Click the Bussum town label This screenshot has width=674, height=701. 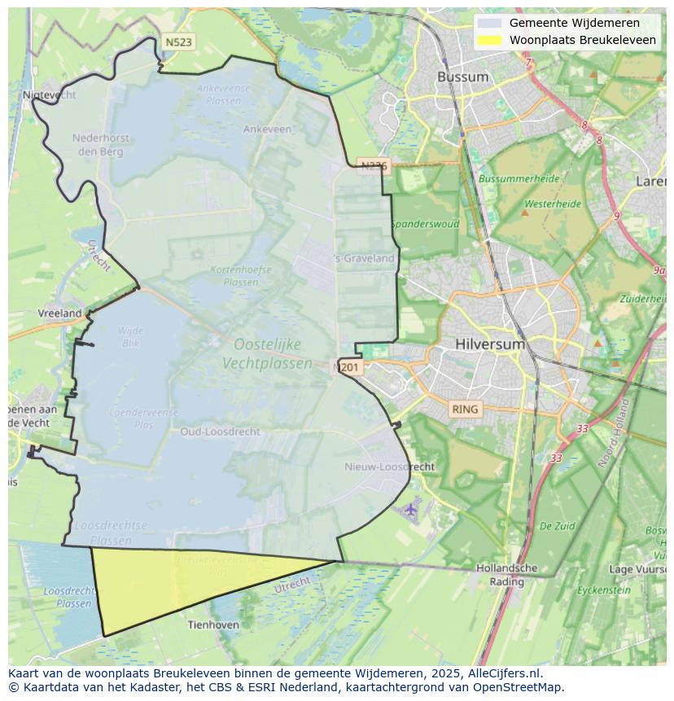pos(463,77)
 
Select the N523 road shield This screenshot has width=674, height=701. pos(178,42)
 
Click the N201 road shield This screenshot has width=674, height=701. pos(348,367)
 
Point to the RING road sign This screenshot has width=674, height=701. pos(466,409)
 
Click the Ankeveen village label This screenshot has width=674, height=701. pos(267,129)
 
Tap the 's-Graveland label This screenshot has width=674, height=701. pos(364,258)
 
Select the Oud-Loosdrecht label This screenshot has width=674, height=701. pos(221,432)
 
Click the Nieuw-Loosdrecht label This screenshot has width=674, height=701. pos(390,467)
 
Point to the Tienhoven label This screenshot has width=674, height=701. pos(213,624)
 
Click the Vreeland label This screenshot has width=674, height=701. pos(60,313)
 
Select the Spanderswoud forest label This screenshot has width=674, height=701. pos(425,224)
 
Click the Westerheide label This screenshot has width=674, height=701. pos(553,204)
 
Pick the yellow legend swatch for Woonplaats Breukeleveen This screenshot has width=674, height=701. pos(490,40)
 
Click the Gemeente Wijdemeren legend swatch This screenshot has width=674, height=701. pos(490,23)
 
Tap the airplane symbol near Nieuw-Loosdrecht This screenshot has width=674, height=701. pos(410,510)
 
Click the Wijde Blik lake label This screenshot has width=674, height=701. pos(130,336)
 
